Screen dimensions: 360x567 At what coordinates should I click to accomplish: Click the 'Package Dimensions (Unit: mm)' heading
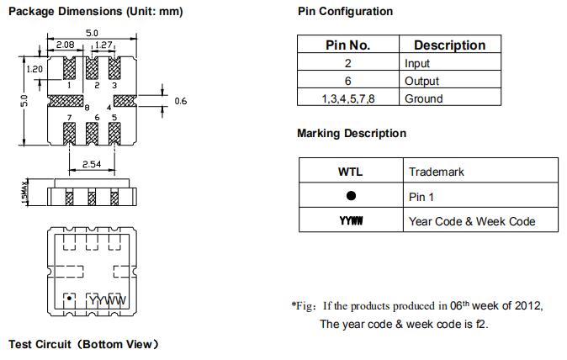(x=95, y=12)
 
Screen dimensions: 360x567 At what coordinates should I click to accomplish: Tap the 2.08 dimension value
(x=65, y=45)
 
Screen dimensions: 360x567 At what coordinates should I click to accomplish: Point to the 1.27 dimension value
(x=104, y=45)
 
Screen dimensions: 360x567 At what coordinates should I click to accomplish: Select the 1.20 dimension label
(x=34, y=69)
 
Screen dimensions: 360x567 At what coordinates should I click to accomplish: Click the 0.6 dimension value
(x=180, y=101)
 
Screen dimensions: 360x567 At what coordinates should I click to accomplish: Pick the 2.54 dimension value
(x=91, y=164)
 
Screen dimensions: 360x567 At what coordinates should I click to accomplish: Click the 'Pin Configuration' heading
(x=345, y=12)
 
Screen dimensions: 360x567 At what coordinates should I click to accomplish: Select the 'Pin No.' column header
(x=347, y=45)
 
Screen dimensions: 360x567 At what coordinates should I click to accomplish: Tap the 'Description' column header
(x=449, y=45)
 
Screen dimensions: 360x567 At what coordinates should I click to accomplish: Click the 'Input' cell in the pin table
(x=417, y=63)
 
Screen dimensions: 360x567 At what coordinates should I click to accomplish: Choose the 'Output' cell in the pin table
(x=421, y=81)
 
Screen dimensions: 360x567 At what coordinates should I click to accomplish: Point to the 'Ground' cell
(x=423, y=98)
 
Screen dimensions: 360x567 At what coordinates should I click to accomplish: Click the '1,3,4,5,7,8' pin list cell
(x=347, y=98)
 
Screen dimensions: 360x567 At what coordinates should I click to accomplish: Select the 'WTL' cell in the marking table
(x=350, y=172)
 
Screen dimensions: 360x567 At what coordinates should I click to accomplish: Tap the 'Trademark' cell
(x=437, y=172)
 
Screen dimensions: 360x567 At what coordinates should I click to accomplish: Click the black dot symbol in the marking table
(x=351, y=196)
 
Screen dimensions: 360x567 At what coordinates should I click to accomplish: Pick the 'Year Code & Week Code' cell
(x=471, y=221)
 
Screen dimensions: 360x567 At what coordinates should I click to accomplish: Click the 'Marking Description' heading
(x=351, y=134)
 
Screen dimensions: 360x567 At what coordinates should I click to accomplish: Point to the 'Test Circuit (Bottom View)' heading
(x=83, y=344)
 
